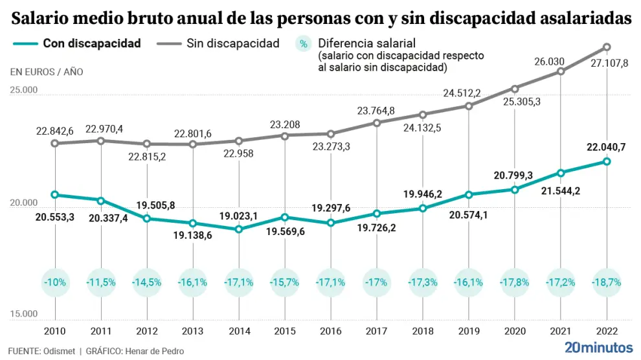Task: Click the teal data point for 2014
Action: [239, 229]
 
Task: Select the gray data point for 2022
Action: [607, 47]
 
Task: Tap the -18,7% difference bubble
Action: [607, 282]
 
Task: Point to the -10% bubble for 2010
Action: [54, 282]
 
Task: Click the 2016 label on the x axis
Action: [331, 331]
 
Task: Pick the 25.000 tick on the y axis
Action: [24, 90]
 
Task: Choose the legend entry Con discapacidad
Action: [91, 44]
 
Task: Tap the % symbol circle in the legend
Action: [303, 44]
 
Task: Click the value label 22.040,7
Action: [607, 147]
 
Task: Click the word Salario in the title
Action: [42, 20]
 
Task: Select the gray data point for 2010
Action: [54, 143]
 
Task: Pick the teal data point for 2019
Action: [469, 194]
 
